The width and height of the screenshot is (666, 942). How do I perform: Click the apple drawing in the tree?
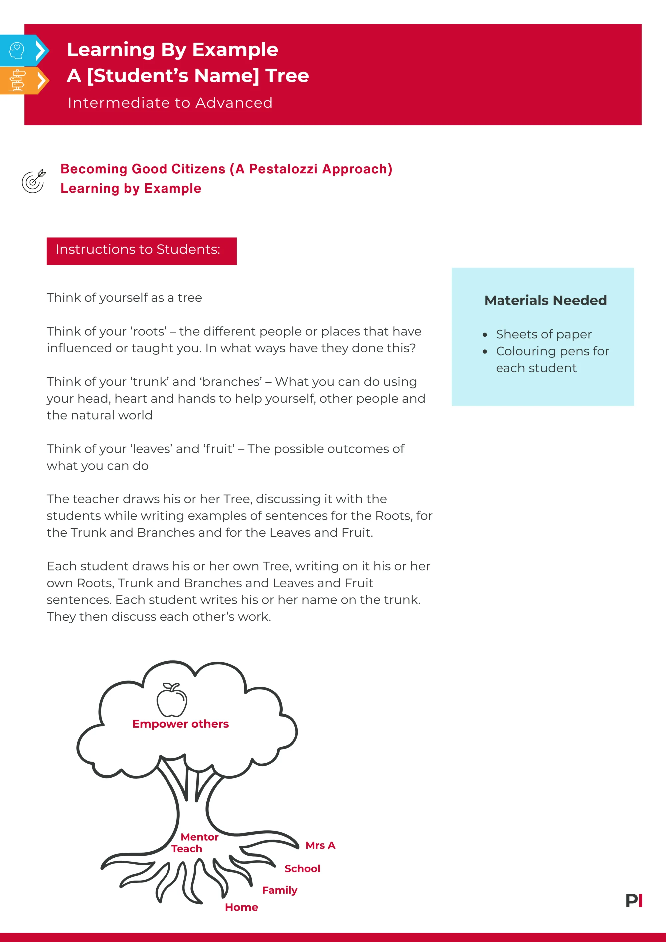coord(171,700)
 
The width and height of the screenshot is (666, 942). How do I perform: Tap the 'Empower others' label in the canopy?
coord(180,724)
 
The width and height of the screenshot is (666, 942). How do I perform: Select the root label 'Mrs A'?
coord(320,845)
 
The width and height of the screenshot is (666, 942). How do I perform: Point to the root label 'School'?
coord(302,868)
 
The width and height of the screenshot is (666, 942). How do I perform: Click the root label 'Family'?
coord(280,890)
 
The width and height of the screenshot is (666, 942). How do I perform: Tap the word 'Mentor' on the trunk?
coord(200,837)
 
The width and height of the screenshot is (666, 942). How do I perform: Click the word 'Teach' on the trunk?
coord(187,849)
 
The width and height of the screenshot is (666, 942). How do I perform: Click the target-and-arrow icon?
coord(34,181)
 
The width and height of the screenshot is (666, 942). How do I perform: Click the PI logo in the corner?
coord(634,901)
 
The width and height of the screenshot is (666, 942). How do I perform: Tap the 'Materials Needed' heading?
coord(545,300)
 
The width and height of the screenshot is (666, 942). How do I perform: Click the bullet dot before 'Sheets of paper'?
coord(485,335)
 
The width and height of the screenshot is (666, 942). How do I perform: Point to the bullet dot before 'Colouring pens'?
coord(485,352)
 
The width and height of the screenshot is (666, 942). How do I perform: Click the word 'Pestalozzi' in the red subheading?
coord(283,169)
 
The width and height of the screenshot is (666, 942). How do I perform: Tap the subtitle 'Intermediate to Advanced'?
coord(170,103)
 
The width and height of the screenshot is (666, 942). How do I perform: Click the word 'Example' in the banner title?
coord(235,50)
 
